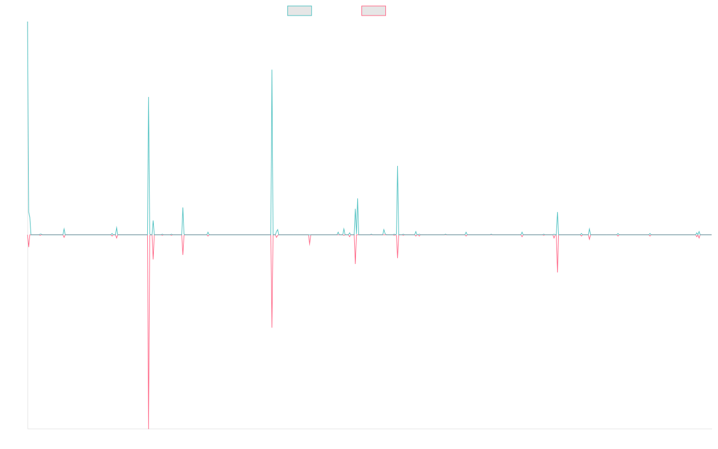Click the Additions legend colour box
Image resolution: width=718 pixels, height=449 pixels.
tap(300, 11)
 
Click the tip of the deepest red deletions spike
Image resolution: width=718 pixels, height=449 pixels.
tap(148, 428)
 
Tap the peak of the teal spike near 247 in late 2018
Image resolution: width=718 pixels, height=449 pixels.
tap(272, 70)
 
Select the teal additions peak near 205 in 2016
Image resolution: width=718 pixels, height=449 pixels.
tap(148, 97)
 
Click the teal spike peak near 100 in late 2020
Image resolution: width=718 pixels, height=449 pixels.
tap(397, 166)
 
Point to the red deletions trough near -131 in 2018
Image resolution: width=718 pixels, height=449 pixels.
tap(272, 327)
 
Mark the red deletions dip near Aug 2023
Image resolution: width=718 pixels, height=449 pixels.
tap(558, 272)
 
